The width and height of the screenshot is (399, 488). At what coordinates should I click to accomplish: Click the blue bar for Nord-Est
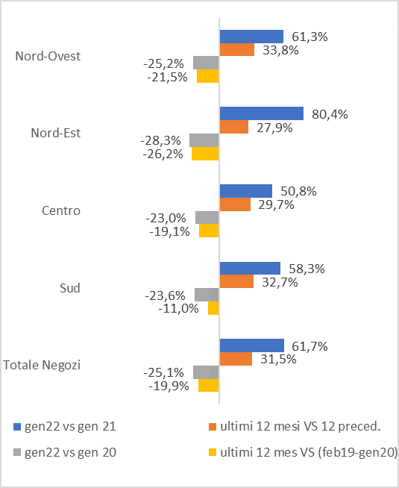click(261, 113)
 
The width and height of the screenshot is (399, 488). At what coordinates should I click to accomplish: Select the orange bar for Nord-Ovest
click(236, 50)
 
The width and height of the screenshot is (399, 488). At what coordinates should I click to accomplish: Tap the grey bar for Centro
click(207, 217)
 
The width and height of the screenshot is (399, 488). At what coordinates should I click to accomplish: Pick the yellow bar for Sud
click(213, 308)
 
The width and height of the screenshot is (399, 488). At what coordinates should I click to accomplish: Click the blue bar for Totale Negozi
click(251, 345)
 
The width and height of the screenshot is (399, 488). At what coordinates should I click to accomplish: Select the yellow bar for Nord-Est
click(205, 154)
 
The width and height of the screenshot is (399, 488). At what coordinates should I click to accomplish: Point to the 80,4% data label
click(330, 114)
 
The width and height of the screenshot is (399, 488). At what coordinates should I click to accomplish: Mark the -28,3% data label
click(164, 140)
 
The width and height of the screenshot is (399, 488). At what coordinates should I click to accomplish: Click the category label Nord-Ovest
click(48, 56)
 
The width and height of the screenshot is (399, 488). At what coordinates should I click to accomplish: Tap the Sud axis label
click(69, 288)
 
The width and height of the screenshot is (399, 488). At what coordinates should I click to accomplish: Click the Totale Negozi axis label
click(43, 365)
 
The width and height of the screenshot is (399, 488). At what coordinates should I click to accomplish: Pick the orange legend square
click(213, 427)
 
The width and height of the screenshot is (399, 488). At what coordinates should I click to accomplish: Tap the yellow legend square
click(213, 452)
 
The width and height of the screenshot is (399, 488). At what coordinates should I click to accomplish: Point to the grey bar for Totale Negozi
click(206, 372)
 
